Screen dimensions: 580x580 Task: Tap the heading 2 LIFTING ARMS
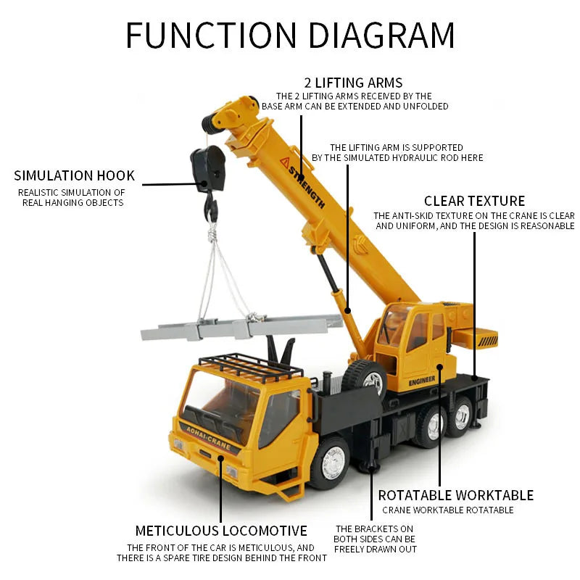pyautogui.click(x=354, y=82)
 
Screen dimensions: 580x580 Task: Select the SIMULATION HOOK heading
pyautogui.click(x=74, y=175)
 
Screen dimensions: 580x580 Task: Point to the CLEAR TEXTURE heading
pyautogui.click(x=474, y=201)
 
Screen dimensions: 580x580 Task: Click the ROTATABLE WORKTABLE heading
pyautogui.click(x=455, y=495)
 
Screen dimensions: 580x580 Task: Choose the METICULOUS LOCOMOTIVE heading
pyautogui.click(x=221, y=531)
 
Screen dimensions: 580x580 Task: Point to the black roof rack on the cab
pyautogui.click(x=251, y=366)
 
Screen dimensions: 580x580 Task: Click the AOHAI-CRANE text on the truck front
pyautogui.click(x=208, y=437)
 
